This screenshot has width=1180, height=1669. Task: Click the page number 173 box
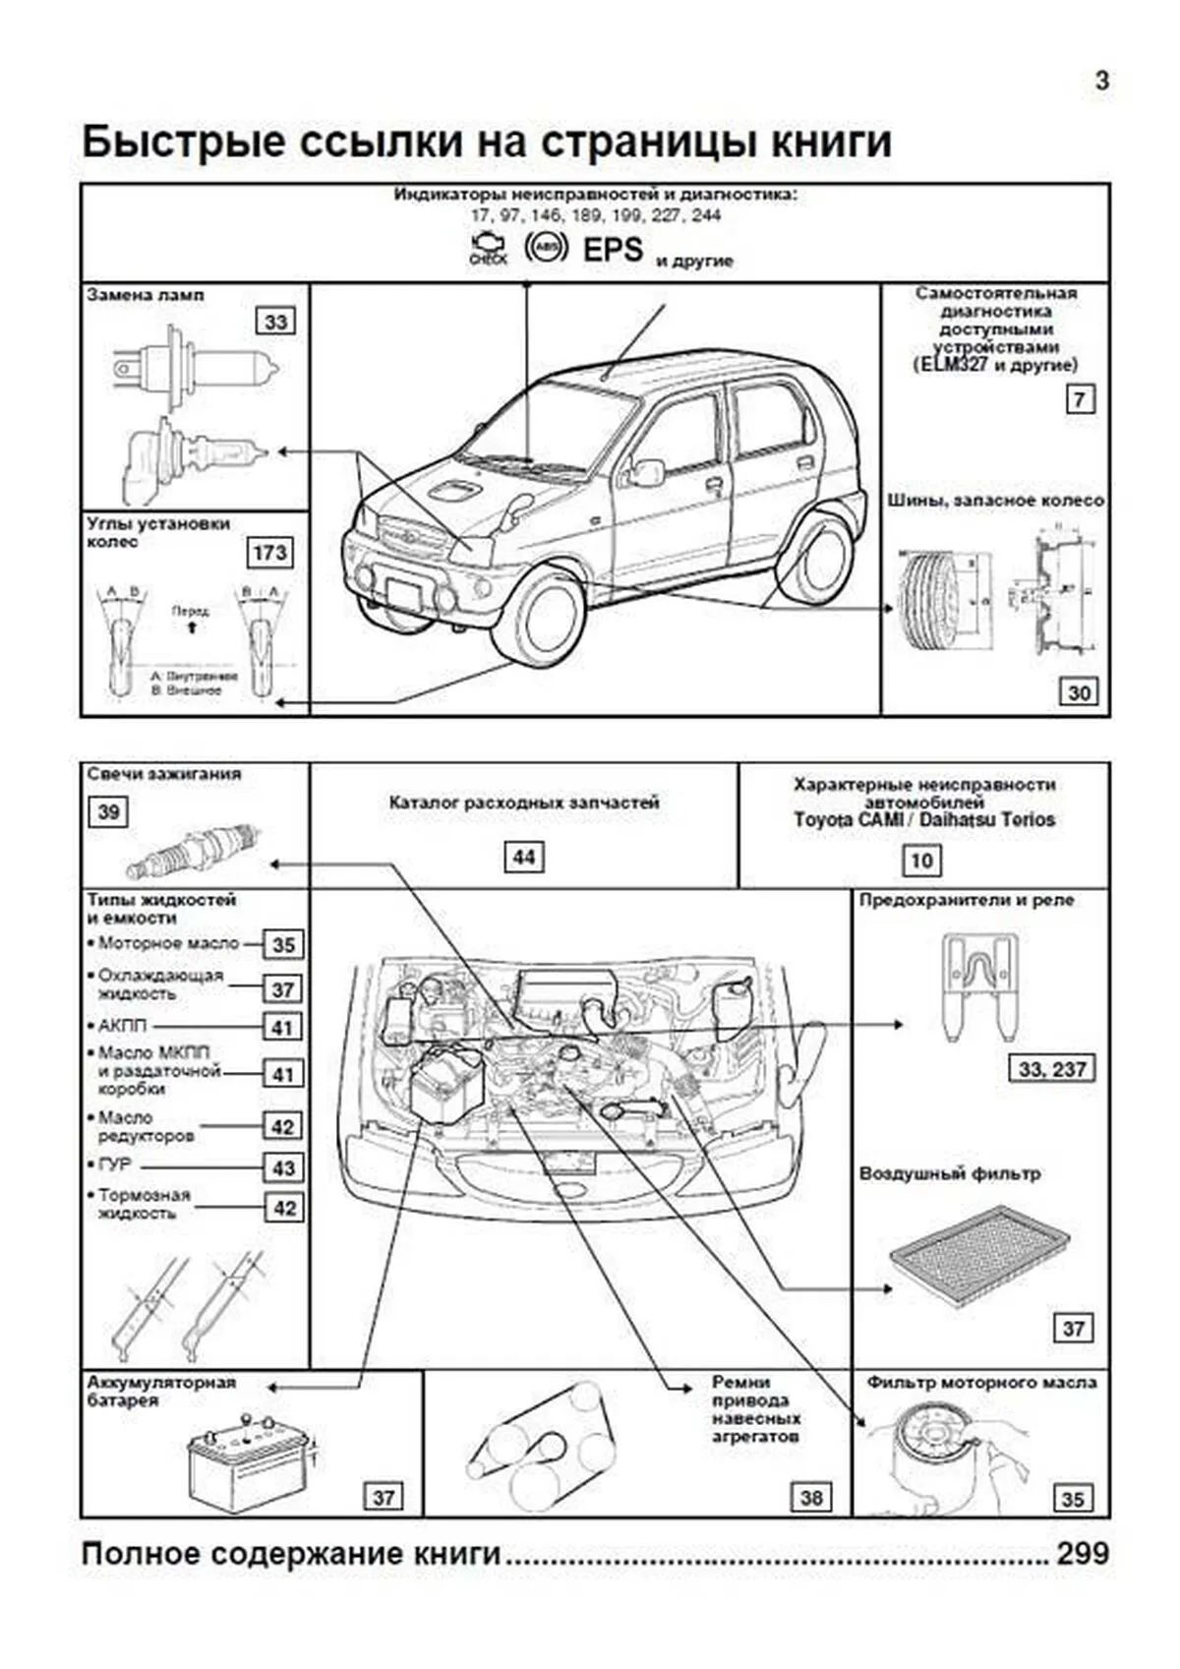269,552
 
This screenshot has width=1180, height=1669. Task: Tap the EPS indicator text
613,250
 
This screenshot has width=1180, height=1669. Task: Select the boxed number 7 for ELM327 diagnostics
1080,399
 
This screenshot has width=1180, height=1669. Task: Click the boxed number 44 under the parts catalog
523,857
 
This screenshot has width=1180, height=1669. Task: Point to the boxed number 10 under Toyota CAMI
921,861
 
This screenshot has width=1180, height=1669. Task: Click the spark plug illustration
193,851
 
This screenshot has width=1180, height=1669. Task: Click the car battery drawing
252,1465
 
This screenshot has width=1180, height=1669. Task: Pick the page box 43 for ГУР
283,1167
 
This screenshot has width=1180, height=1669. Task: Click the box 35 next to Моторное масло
283,944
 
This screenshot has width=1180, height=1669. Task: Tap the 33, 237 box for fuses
1051,1069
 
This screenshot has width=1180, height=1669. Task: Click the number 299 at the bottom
1083,1554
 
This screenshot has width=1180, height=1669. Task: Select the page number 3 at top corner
1101,81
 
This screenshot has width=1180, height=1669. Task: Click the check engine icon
488,248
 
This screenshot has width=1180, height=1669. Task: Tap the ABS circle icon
546,246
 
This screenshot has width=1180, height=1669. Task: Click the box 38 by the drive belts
810,1497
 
